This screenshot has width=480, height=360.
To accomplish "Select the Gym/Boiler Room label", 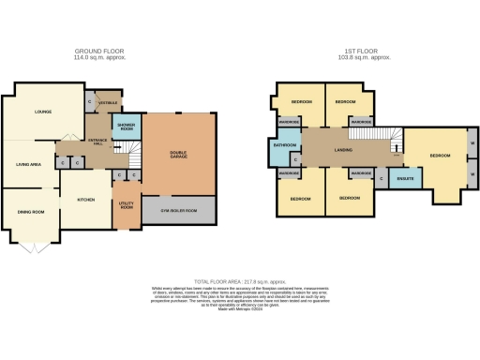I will coord(179,210).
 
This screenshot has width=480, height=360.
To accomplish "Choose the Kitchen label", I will coord(86,201).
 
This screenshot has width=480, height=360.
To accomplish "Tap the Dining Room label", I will coord(31,212).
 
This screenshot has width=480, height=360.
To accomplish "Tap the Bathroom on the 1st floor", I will coord(284,145).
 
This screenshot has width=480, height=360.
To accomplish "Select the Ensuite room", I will coord(406,175).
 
